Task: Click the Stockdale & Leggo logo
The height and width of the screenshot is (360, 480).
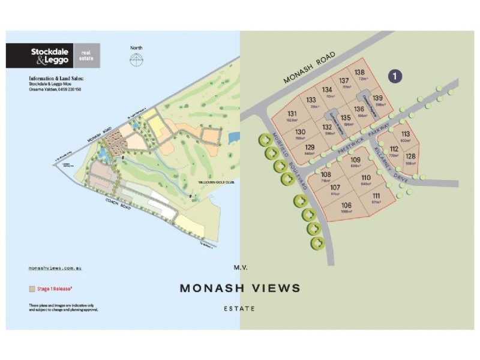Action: (x=53, y=56)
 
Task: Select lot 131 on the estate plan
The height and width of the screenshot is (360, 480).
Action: (x=292, y=116)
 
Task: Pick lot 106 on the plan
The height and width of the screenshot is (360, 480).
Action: (x=346, y=208)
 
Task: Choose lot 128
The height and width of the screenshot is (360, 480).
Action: (x=410, y=158)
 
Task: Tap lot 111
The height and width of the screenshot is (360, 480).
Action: (x=376, y=199)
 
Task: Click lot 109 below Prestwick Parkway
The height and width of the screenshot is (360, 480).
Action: (x=356, y=161)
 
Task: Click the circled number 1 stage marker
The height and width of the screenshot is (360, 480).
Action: (x=396, y=76)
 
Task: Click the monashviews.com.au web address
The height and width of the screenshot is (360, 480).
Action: (x=55, y=268)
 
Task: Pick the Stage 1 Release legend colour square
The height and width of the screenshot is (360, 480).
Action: (x=32, y=289)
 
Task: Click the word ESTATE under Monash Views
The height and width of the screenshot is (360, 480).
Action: (x=240, y=308)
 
